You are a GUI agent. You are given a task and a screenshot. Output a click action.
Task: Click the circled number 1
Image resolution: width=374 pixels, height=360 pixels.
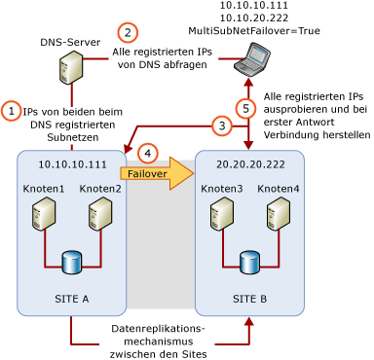coord(11,111)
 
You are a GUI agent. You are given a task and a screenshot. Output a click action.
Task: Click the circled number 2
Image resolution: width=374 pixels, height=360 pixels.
coord(128,33)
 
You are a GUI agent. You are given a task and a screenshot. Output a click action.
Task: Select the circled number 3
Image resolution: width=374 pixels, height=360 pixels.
coord(222,126)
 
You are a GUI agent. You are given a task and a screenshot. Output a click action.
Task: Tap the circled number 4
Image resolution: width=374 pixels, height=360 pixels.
coord(148,153)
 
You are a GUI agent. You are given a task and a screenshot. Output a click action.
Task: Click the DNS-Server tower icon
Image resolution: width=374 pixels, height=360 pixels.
coord(70,67)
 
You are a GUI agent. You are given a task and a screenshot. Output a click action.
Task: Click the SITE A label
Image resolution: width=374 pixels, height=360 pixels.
coord(71,299)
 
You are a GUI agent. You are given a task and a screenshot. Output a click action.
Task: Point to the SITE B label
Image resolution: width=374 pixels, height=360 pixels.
coord(249,299)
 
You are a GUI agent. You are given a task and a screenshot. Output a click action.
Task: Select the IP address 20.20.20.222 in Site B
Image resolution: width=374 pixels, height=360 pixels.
coord(250,165)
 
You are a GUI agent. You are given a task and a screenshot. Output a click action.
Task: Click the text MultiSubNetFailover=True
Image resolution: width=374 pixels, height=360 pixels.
coord(254,31)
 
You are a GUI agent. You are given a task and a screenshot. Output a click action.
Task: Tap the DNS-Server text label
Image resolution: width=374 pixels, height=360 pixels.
coord(70,43)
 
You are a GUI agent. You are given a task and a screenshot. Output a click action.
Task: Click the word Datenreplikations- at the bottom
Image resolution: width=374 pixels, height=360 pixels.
coord(158,329)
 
